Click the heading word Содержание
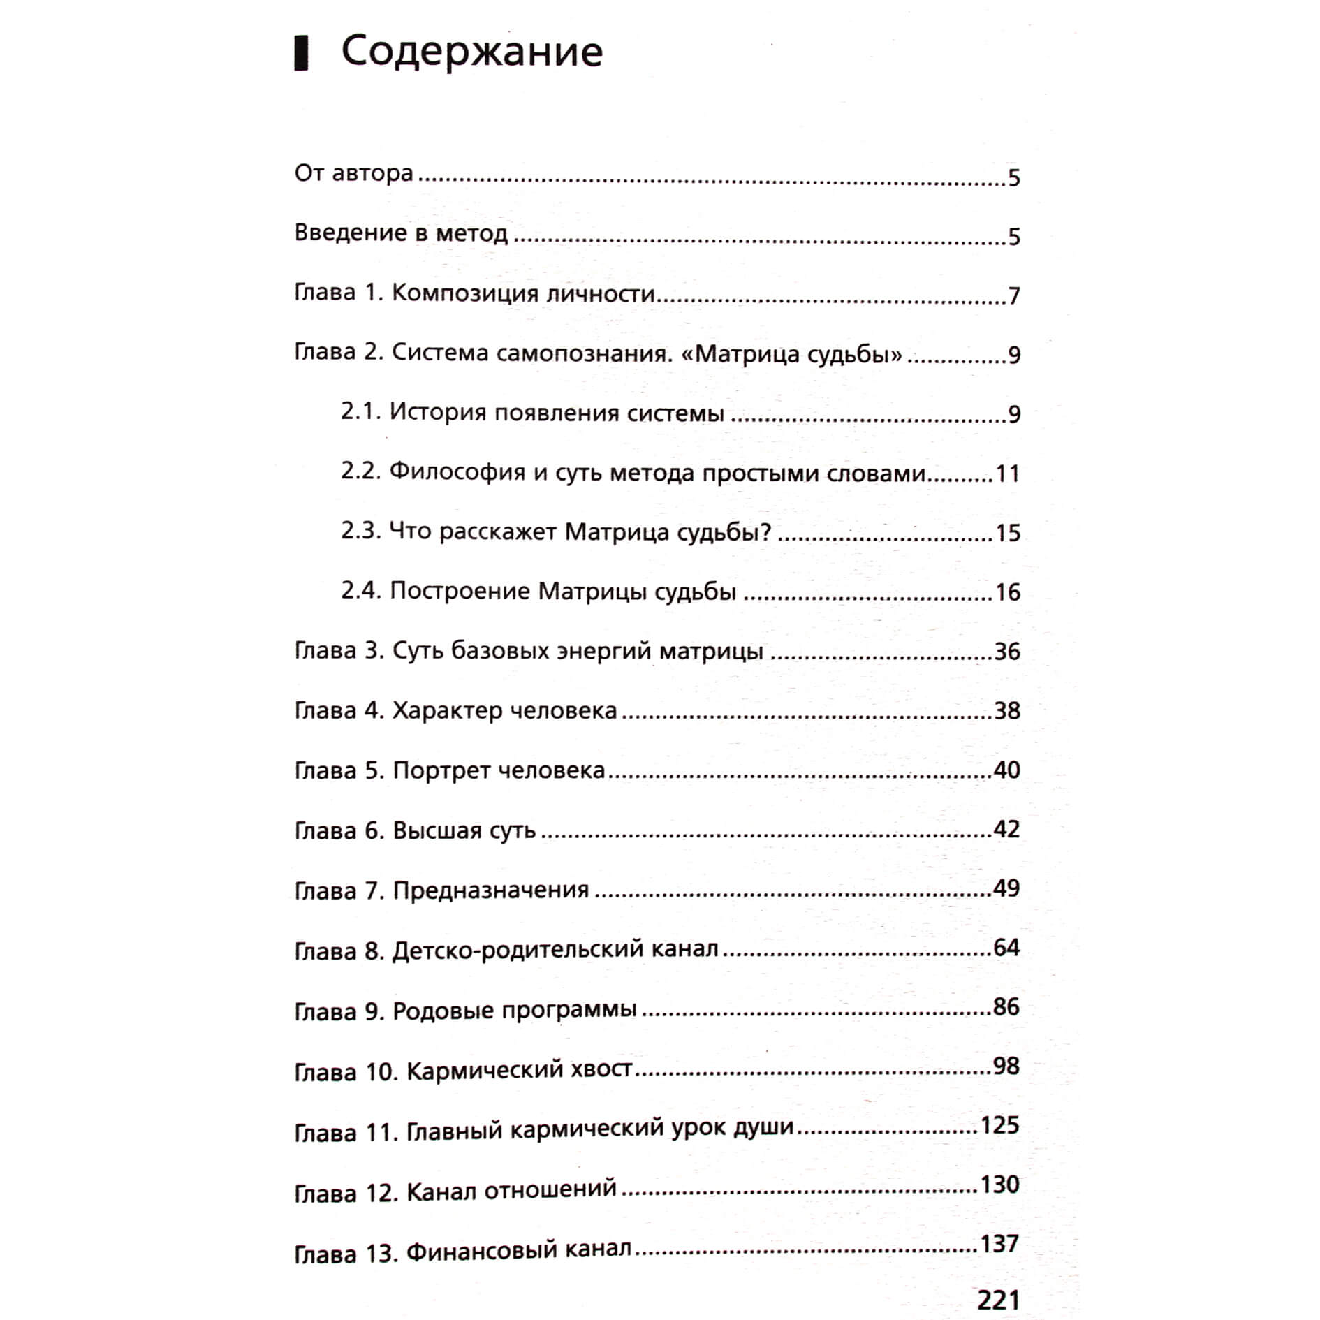[x=471, y=53]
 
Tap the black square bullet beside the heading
[x=301, y=54]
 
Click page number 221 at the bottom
[x=998, y=1300]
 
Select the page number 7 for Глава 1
[x=1014, y=296]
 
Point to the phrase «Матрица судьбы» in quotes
[x=790, y=354]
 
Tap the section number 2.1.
[x=360, y=412]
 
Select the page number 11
[x=1007, y=474]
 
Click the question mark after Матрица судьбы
[x=765, y=532]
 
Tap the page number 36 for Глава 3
[x=1007, y=652]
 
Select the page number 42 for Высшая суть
[x=1006, y=829]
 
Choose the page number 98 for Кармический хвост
[x=1006, y=1066]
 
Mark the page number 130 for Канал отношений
[x=999, y=1185]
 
